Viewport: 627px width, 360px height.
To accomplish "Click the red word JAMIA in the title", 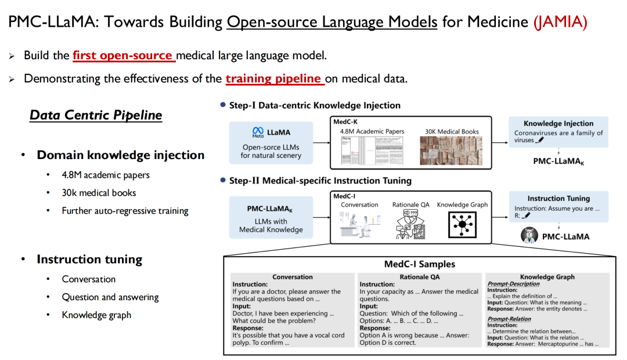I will (x=560, y=22).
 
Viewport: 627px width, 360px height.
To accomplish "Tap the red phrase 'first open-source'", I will (x=123, y=56).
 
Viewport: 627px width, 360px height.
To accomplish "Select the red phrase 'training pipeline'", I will (x=273, y=78).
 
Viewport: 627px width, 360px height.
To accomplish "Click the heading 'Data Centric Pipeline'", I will (x=96, y=115).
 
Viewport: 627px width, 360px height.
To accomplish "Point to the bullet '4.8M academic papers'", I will (x=106, y=175).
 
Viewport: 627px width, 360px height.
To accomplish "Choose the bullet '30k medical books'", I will (x=99, y=193).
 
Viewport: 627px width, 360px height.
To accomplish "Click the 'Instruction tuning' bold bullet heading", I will (x=89, y=259).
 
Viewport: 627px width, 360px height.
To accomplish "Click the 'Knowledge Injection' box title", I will (x=558, y=124).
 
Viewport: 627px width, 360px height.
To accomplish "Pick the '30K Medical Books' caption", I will (x=452, y=132).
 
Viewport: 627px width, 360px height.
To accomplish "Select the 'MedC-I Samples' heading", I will (x=419, y=264).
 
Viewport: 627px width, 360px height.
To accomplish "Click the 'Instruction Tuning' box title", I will (x=558, y=199).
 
